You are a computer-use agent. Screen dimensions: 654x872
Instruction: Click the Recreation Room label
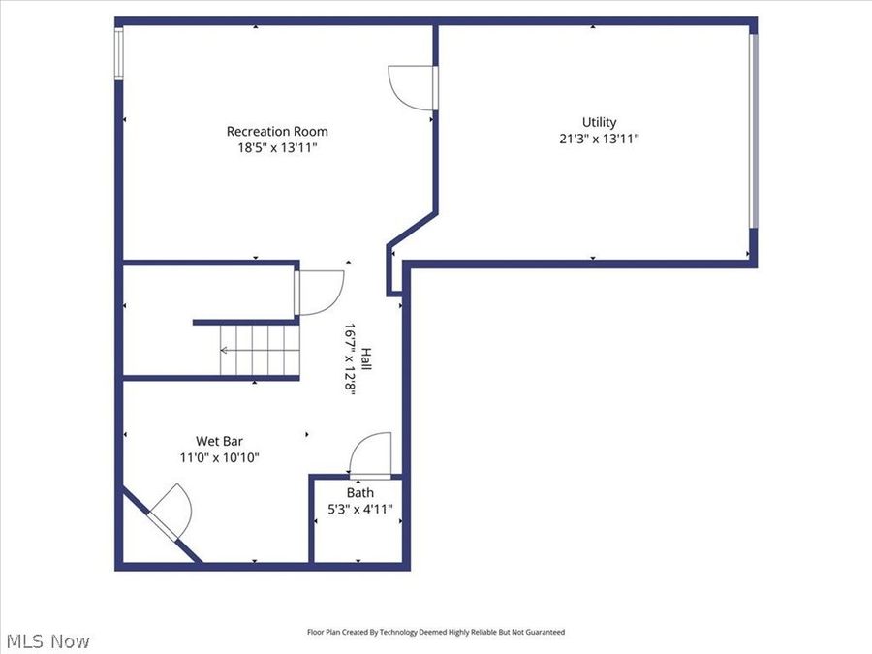[x=277, y=131]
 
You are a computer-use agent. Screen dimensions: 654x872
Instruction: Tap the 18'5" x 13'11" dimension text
[x=277, y=147]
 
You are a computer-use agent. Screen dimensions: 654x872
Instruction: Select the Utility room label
[x=599, y=122]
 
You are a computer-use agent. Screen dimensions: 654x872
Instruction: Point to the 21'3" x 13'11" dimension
[x=599, y=139]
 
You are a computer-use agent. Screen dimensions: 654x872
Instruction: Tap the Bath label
[x=359, y=492]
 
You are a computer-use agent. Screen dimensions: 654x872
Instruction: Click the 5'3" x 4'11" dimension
[x=359, y=509]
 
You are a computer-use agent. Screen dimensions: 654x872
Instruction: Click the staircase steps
[x=254, y=350]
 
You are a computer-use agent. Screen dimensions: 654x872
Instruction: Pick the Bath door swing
[x=369, y=455]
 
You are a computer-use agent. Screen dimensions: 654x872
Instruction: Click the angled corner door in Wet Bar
[x=167, y=512]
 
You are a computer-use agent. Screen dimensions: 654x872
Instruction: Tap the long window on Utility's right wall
[x=753, y=131]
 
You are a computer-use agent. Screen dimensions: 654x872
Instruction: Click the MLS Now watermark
[x=48, y=640]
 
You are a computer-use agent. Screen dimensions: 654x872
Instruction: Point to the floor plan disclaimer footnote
[x=435, y=632]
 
